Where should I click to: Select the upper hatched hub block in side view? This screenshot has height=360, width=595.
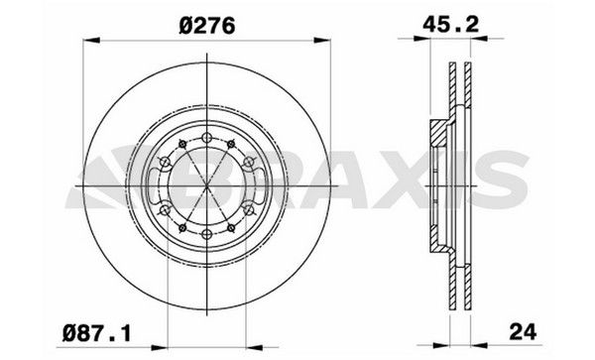(437, 128)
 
